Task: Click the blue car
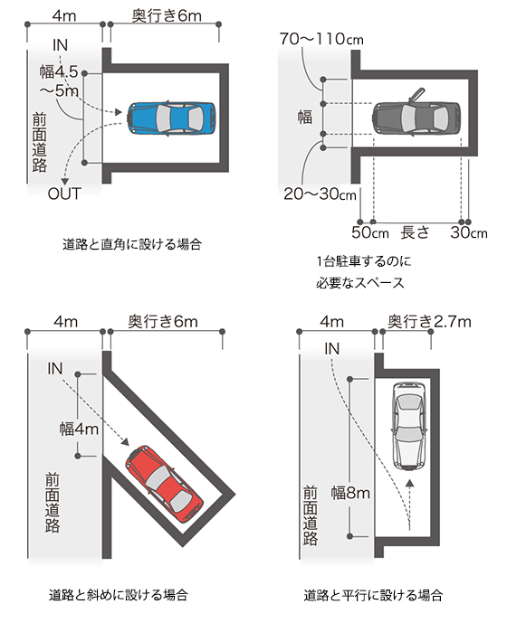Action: point(171,118)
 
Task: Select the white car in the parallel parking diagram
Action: point(409,426)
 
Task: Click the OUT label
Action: point(64,194)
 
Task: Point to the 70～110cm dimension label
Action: point(321,39)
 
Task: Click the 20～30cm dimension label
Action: point(320,194)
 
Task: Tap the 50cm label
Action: point(370,232)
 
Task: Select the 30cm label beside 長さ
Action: point(469,232)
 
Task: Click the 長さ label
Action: point(415,232)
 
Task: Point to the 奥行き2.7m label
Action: point(429,321)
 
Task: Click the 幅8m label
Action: point(350,493)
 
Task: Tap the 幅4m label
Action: point(79,429)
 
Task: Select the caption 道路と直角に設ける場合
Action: point(132,244)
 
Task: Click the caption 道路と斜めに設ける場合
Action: point(119,595)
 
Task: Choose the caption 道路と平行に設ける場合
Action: point(373,595)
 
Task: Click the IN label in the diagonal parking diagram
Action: point(55,368)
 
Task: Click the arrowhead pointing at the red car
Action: point(125,442)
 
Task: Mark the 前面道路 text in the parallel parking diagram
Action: point(311,515)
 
